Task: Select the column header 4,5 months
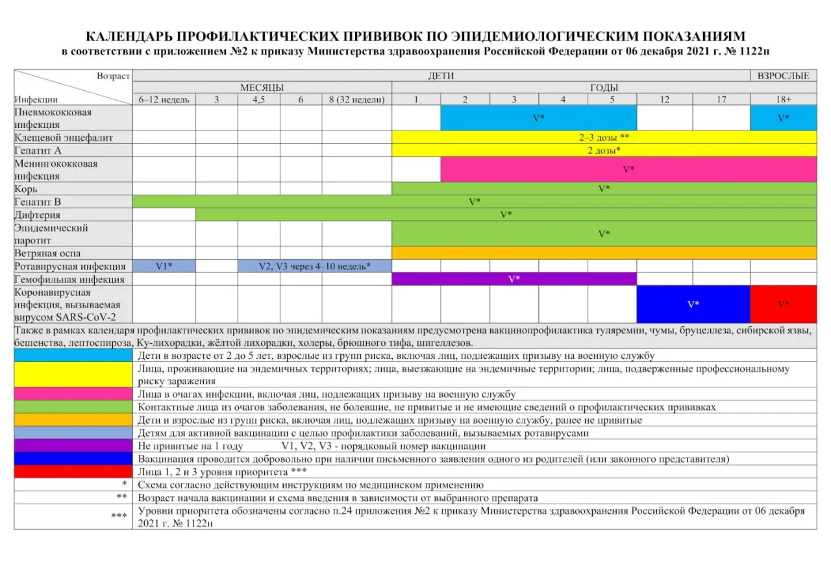tap(258, 99)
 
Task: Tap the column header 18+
tap(783, 99)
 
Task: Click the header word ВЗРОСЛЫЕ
tap(783, 76)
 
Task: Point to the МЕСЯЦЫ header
tap(262, 88)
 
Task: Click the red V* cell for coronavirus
tap(783, 304)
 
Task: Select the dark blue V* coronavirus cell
tap(693, 304)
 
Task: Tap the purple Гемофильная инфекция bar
tap(514, 279)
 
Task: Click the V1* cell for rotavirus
tap(164, 266)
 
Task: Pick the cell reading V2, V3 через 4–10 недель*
tap(315, 266)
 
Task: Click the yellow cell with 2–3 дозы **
tap(604, 138)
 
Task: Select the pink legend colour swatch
tap(73, 394)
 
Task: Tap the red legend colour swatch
tap(73, 472)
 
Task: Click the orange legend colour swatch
tap(73, 420)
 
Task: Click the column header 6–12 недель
tap(164, 99)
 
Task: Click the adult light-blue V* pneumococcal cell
tap(783, 118)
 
